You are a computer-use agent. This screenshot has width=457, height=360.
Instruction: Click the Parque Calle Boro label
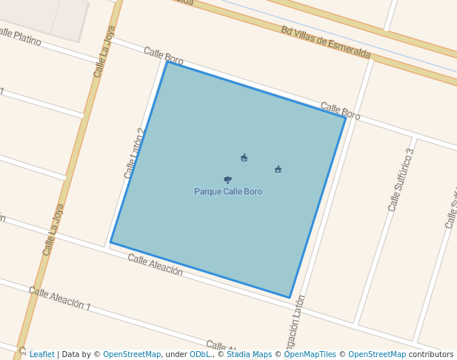click(x=228, y=192)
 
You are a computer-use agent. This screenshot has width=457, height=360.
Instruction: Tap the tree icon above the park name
click(x=227, y=180)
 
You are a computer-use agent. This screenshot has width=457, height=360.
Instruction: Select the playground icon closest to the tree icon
click(x=244, y=158)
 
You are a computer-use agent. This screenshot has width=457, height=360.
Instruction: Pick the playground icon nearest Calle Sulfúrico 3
click(x=278, y=170)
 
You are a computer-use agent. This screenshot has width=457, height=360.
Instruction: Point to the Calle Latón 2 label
click(x=134, y=153)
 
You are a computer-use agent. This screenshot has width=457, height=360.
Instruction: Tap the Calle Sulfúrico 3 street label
click(x=401, y=180)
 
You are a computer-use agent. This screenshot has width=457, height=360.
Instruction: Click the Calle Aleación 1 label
click(x=60, y=299)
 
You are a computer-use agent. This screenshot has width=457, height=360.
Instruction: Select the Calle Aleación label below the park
click(x=155, y=264)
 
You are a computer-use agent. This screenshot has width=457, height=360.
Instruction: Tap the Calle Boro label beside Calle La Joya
click(x=163, y=55)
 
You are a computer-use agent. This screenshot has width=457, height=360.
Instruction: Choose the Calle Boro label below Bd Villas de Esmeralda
click(x=340, y=111)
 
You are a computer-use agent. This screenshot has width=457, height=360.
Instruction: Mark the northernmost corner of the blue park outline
click(x=167, y=62)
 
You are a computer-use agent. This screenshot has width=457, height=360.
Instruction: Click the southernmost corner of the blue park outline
click(x=289, y=298)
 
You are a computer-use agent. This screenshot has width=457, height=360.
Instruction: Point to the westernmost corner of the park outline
click(x=110, y=242)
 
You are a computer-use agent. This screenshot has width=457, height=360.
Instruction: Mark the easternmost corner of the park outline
click(x=345, y=117)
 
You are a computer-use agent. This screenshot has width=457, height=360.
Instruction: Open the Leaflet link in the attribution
click(x=42, y=355)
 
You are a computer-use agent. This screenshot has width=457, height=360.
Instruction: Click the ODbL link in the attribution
click(x=200, y=355)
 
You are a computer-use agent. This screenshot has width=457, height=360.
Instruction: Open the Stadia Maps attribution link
click(x=249, y=355)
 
